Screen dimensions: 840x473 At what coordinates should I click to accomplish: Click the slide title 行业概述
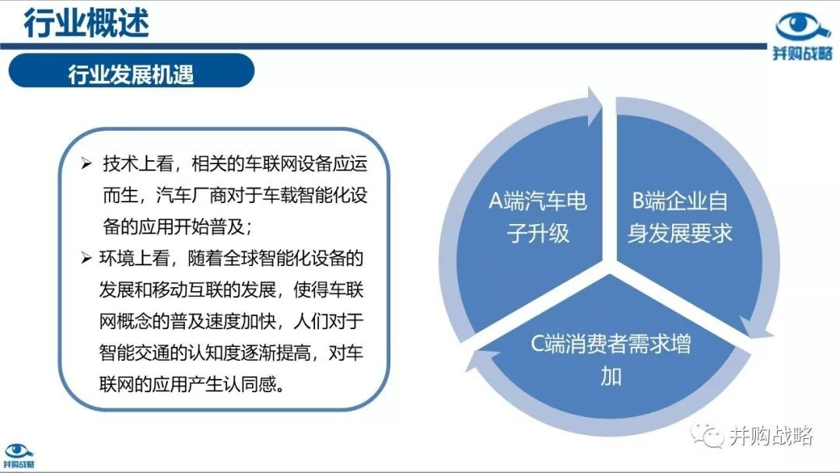coord(86,23)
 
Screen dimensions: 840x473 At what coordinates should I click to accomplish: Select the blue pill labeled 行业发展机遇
coord(131,71)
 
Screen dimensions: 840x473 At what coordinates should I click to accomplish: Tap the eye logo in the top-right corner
coord(802,28)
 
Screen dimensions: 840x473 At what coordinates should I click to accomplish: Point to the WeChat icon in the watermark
coord(706,435)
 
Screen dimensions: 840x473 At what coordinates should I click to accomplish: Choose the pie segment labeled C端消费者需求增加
coord(611,353)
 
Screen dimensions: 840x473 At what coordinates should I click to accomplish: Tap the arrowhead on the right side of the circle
coord(755,328)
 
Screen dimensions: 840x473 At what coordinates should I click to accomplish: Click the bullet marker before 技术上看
coord(86,163)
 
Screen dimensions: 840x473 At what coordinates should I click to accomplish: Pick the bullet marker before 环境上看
coord(86,258)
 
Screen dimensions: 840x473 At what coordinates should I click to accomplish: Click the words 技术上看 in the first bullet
coord(138,163)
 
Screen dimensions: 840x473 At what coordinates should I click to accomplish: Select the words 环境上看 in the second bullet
coord(135,258)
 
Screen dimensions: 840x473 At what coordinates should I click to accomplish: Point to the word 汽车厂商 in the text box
coord(191,195)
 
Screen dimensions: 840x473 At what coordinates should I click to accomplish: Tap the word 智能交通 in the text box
coord(135,352)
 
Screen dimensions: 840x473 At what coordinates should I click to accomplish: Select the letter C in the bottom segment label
coord(538,343)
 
